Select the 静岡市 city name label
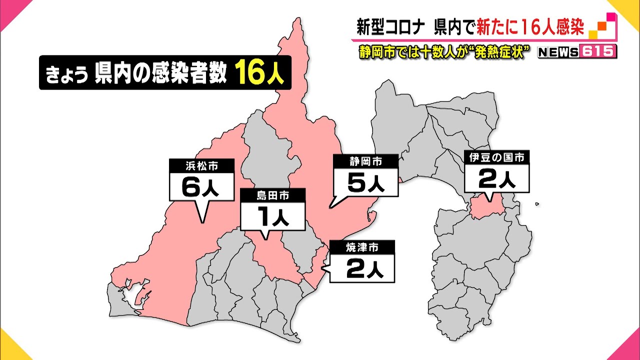coord(365,161)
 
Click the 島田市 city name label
coord(272,195)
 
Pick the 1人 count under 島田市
coord(272,217)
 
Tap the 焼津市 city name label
coord(361,246)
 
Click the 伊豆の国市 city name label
coord(496,158)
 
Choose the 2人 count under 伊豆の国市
coord(496,179)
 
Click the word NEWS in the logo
coord(558,52)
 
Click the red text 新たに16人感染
coord(529,27)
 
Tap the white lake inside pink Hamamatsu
coord(134,296)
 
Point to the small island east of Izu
coord(536,203)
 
